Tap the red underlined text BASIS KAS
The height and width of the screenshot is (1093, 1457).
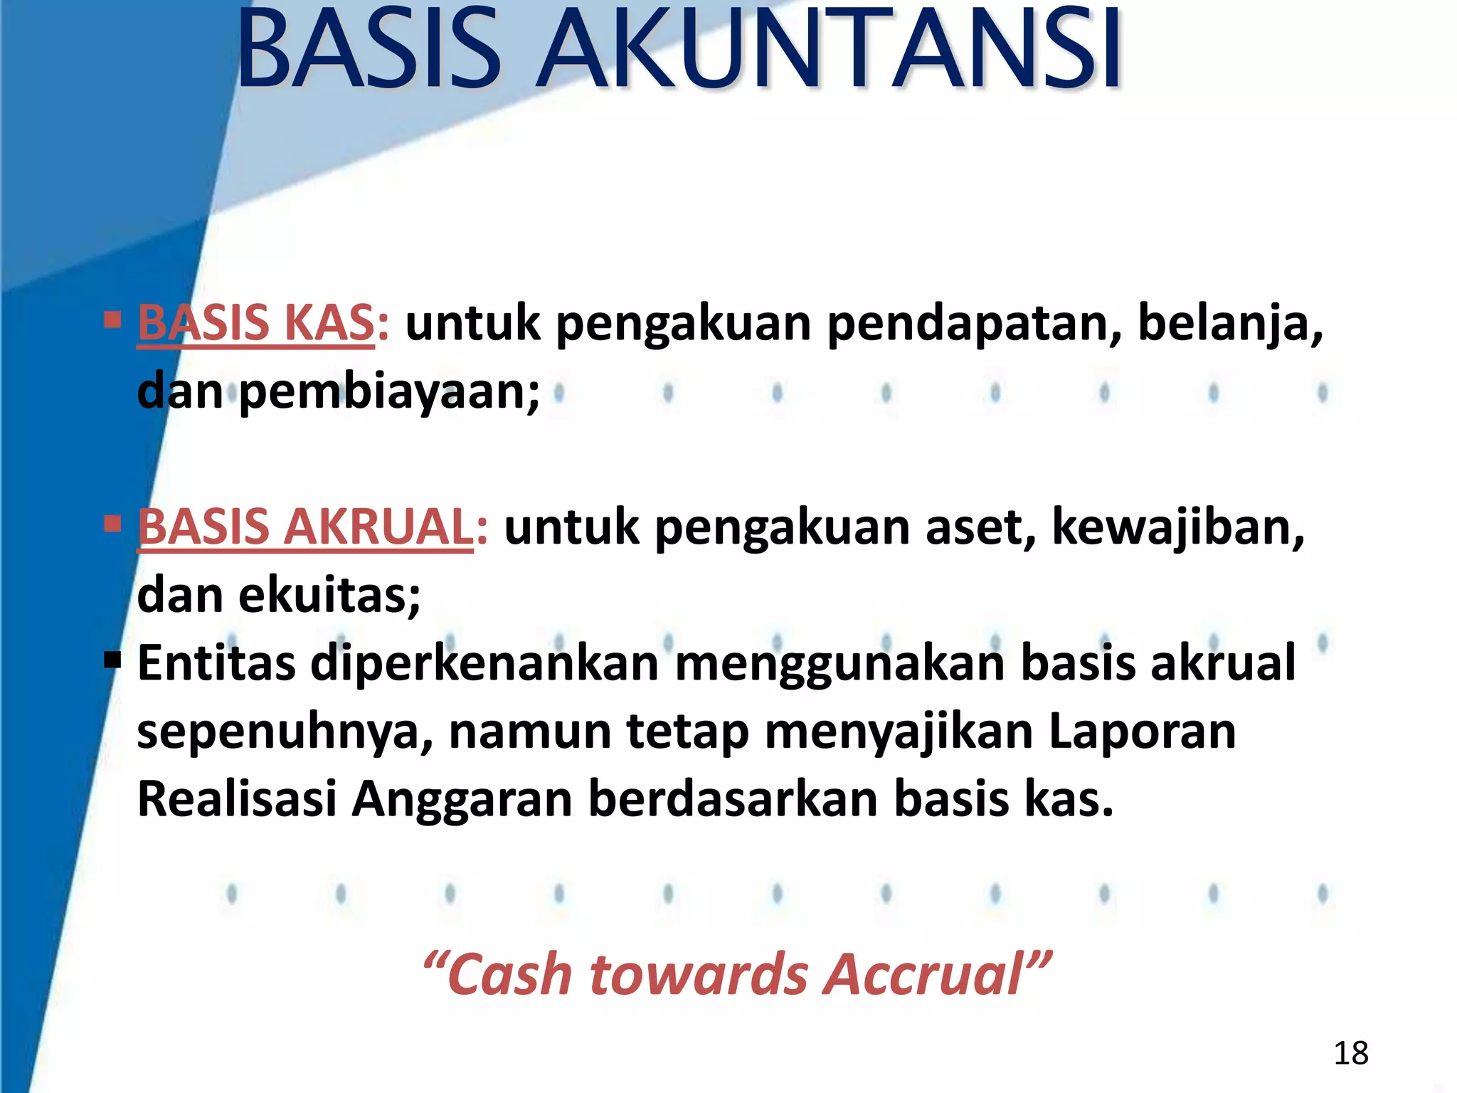click(256, 323)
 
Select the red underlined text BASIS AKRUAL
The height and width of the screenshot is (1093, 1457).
click(305, 527)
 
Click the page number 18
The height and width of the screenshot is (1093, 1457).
click(1350, 1053)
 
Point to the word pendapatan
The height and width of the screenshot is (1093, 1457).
click(974, 324)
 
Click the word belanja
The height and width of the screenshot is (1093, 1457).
click(1230, 324)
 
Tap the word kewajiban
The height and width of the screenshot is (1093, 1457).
click(1177, 527)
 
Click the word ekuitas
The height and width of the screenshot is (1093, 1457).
click(329, 596)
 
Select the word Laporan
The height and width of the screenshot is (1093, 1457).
click(1143, 732)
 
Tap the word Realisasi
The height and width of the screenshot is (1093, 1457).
click(237, 799)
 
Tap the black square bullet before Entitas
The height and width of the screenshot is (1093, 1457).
click(112, 660)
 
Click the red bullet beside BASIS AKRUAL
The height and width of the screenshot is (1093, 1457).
click(112, 524)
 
